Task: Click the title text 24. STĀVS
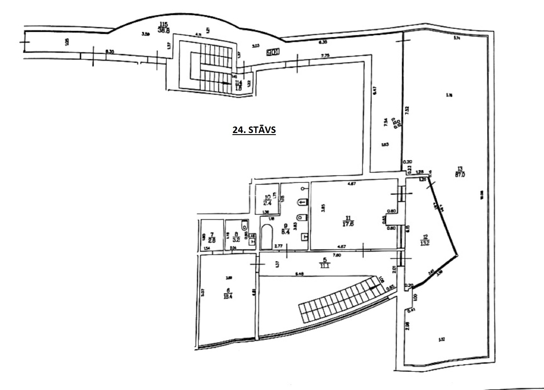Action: (254, 130)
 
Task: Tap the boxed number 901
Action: (273, 52)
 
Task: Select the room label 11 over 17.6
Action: (348, 221)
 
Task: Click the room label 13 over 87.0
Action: (460, 172)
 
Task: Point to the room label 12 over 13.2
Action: (425, 240)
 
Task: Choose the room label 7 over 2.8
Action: (212, 238)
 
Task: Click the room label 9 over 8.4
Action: (286, 229)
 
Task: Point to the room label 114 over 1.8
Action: (238, 85)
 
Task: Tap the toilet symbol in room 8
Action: (245, 225)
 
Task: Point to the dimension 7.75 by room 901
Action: (325, 56)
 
